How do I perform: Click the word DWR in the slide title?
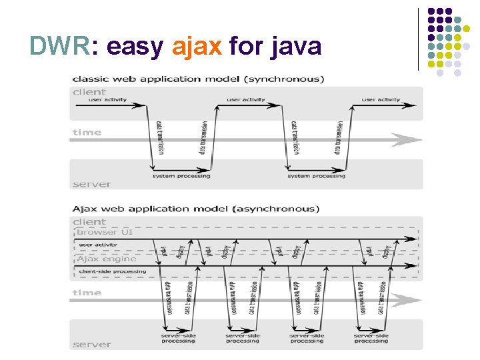pos(59,45)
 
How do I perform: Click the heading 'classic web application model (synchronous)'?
pos(198,79)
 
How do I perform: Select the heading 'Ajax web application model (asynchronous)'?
pos(196,209)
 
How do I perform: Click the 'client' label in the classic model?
pos(89,92)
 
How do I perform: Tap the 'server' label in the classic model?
pos(91,183)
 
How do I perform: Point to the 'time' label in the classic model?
pos(87,132)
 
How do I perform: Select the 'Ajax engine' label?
pos(107,259)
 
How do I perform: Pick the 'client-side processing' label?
pos(112,272)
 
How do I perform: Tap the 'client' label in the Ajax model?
pos(89,221)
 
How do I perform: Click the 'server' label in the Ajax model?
pos(91,344)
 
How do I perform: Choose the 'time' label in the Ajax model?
pos(87,293)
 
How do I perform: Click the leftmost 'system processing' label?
pos(181,176)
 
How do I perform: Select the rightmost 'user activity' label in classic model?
pos(381,100)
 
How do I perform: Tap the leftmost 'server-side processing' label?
pos(178,338)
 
